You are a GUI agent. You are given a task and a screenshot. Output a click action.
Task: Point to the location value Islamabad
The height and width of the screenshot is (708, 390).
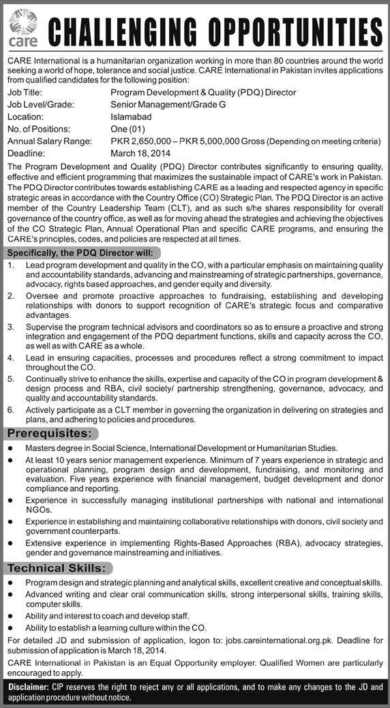132,117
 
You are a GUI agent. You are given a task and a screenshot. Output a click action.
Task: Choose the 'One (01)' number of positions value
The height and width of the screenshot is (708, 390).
128,129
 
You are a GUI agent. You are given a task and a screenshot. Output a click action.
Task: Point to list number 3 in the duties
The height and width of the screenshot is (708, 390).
10,327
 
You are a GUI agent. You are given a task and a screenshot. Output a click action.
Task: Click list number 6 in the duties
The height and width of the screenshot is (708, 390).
10,409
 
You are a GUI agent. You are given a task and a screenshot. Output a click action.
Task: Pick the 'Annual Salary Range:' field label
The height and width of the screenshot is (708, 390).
48,141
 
